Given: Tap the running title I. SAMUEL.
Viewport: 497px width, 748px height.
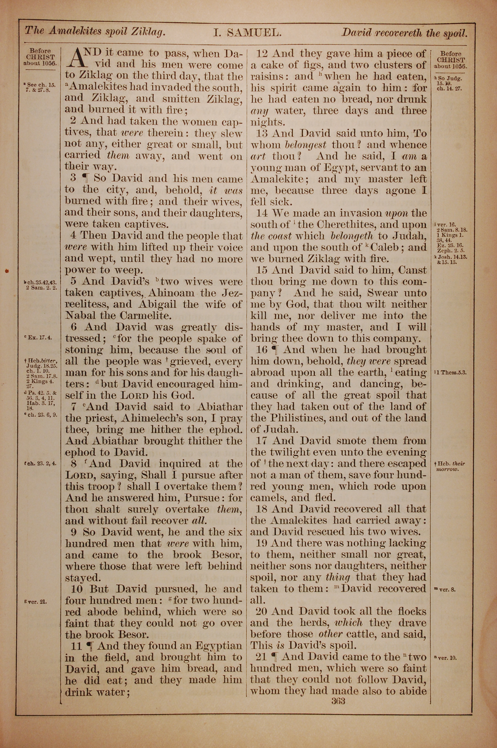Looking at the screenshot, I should click(x=247, y=32).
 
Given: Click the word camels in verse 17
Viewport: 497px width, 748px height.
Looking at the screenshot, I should click(x=268, y=498).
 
